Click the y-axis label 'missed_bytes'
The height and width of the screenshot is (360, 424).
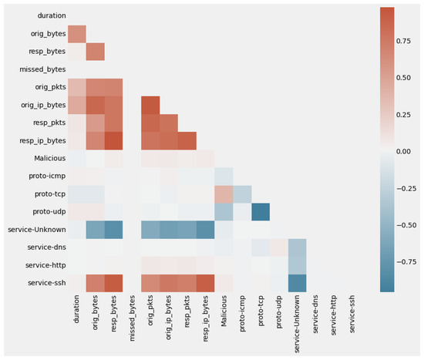(42, 69)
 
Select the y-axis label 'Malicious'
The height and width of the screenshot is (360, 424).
(50, 158)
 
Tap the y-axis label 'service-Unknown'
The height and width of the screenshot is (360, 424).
(37, 230)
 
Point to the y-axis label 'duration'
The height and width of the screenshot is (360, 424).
(52, 15)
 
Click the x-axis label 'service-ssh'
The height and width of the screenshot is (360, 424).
(352, 314)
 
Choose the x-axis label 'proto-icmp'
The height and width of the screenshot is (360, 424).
(242, 313)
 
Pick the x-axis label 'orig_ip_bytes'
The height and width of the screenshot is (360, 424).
(168, 318)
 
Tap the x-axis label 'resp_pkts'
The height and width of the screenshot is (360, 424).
(187, 311)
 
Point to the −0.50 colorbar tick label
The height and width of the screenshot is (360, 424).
(406, 225)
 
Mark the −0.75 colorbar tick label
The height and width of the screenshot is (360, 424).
(406, 262)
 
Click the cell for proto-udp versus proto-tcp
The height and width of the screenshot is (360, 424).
(261, 212)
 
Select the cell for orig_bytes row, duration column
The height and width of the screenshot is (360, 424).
(77, 34)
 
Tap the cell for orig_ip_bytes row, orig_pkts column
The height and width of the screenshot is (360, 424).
(150, 105)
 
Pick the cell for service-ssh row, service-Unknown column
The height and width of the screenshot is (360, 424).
(297, 283)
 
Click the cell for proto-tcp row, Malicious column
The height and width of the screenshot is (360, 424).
(224, 194)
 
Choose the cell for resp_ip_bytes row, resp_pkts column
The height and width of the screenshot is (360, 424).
(187, 140)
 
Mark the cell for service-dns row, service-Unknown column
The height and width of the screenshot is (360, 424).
(297, 247)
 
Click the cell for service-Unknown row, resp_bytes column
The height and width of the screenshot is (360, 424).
(113, 230)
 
